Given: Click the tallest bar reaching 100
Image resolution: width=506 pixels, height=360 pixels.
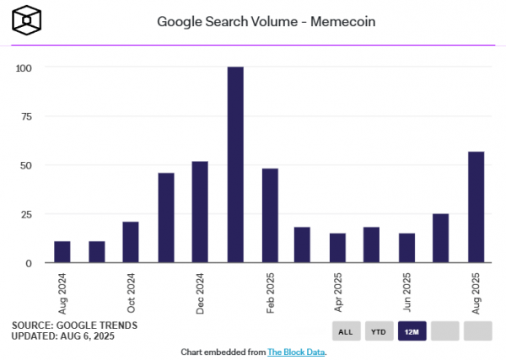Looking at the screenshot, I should point(235,164).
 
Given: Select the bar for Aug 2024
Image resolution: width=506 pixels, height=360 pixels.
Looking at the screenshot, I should point(62,252).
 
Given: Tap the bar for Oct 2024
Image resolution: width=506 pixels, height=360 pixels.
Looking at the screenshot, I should point(131,242).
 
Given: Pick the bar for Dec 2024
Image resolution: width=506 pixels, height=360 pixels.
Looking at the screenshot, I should point(200,212).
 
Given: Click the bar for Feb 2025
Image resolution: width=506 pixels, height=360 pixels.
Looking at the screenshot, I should point(270,216).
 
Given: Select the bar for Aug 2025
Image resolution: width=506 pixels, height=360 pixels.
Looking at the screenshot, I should point(476,207).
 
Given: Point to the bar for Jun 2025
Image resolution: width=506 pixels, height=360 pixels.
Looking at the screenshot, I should point(407,248).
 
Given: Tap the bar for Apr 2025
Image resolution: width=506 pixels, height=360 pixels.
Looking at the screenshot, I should point(338,248).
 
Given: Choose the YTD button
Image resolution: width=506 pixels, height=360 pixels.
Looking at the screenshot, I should point(379,331).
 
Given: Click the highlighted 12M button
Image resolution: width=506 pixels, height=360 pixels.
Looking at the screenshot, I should point(412,331).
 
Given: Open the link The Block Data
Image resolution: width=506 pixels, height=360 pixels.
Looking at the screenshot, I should point(296,352).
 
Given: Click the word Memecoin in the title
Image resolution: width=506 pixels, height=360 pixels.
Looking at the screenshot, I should point(320,20).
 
